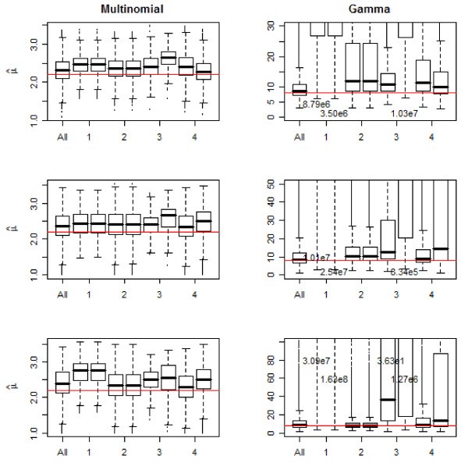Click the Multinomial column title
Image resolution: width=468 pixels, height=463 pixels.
tap(131, 8)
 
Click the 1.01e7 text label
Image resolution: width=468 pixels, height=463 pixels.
tap(319, 258)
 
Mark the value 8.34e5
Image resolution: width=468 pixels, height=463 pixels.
tap(406, 271)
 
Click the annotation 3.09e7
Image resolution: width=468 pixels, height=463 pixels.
tap(317, 361)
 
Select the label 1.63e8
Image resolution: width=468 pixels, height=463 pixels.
tap(335, 379)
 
